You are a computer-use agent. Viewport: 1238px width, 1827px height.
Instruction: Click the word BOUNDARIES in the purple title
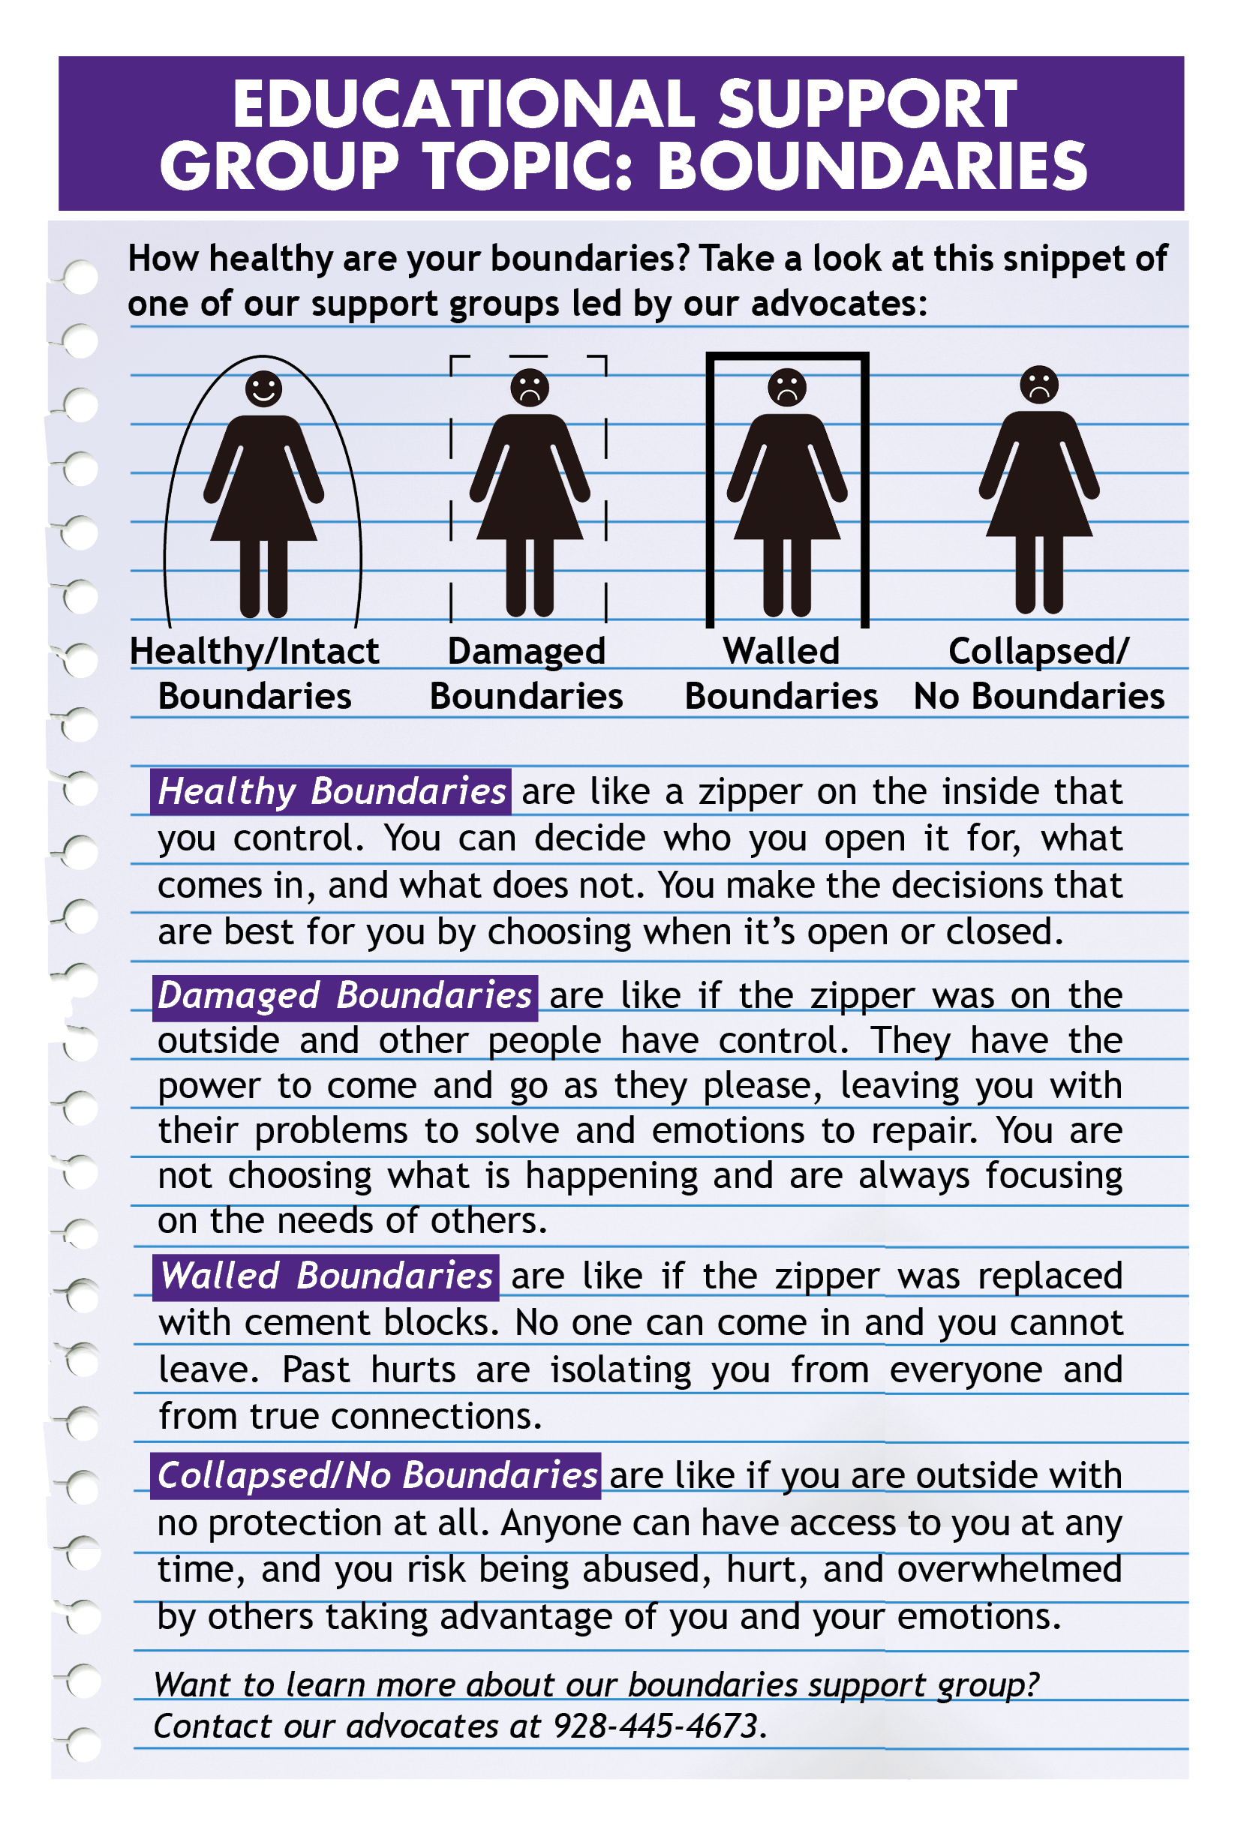870,166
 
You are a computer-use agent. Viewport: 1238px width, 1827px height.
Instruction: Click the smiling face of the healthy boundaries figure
263,388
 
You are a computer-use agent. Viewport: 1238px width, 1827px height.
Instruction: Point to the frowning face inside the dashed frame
529,387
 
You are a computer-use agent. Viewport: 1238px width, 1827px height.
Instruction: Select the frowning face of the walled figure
786,387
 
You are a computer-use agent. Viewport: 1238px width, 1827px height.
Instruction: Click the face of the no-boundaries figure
1038,385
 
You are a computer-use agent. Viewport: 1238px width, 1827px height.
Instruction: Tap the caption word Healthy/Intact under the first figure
254,651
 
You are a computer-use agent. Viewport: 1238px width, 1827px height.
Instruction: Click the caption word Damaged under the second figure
526,651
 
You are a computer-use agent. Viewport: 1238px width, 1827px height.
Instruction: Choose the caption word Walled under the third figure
781,651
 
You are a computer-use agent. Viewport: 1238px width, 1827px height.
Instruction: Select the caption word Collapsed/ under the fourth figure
1038,651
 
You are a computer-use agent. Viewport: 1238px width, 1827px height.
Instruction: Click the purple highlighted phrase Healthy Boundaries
331,790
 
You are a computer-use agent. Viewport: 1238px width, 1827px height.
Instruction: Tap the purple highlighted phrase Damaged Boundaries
344,995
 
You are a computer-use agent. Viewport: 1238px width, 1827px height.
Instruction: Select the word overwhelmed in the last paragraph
1009,1569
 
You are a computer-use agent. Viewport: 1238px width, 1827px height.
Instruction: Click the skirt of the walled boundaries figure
786,503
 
